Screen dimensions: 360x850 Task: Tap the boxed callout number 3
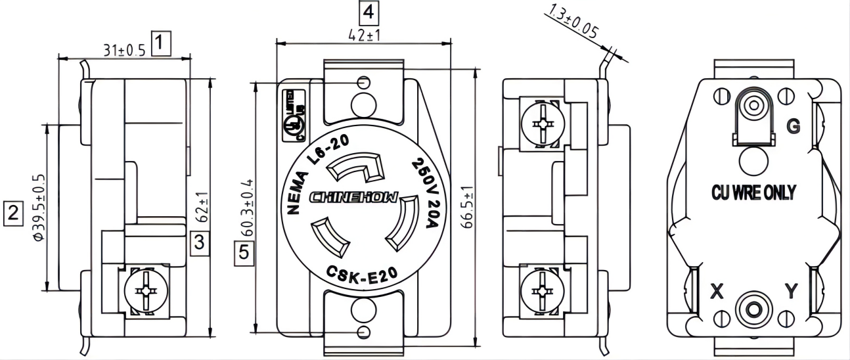(200, 242)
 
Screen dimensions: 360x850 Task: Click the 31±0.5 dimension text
(124, 50)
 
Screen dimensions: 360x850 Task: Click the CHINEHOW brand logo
(353, 198)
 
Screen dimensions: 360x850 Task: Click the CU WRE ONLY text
(754, 192)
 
